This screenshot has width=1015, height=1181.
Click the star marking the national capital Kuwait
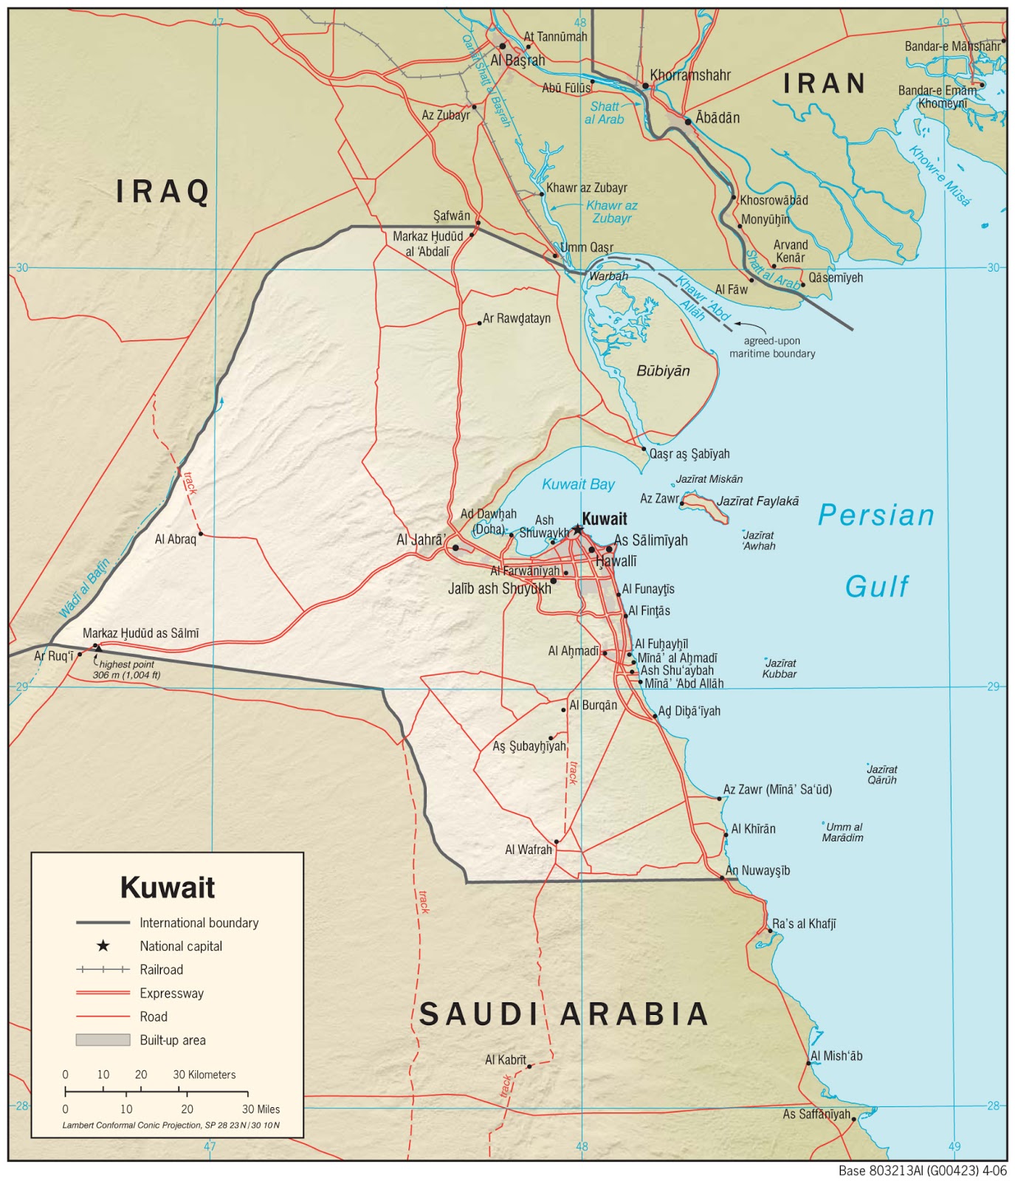578,529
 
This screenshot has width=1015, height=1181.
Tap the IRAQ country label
163,192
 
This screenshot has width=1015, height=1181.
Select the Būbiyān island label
663,371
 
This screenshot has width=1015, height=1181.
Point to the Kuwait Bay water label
578,484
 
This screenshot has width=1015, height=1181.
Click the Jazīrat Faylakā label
757,501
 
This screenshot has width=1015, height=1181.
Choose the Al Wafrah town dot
557,841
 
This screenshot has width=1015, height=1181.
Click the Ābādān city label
717,118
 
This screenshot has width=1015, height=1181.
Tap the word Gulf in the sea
876,587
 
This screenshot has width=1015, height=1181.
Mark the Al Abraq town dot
201,534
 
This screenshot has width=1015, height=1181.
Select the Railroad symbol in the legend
103,969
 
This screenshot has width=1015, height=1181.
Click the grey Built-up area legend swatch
103,1039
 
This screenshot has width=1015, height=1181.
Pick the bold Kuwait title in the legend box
168,887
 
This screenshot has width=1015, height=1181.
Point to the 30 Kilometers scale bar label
204,1075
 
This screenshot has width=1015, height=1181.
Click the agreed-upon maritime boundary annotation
772,347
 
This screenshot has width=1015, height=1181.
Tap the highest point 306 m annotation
127,669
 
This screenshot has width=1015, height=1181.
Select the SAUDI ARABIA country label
563,1014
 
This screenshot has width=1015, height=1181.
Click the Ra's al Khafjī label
804,923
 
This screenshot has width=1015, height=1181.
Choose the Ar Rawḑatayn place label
516,319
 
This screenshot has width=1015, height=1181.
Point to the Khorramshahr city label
690,75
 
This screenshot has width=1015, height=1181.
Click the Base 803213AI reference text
922,1171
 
